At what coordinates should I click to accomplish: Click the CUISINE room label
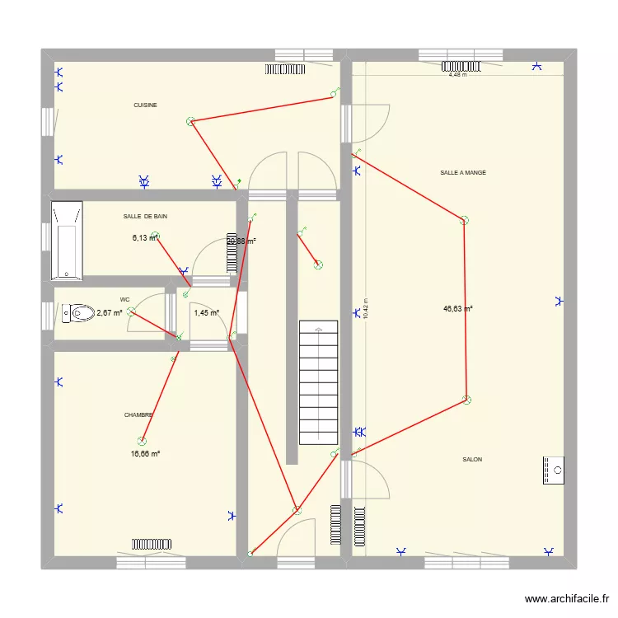pos(145,105)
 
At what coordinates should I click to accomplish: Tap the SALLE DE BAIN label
pos(145,216)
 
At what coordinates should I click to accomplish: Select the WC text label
pos(124,300)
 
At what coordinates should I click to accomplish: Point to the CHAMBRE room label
pos(139,415)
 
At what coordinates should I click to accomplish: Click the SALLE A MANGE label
pos(462,173)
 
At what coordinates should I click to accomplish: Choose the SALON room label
pos(472,460)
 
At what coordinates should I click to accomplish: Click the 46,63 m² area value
pos(457,309)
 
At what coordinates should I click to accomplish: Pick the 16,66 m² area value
pos(145,453)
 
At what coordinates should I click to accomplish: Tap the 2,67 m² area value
pos(109,313)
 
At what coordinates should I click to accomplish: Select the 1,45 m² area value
pos(206,313)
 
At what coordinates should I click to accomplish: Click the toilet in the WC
pos(78,313)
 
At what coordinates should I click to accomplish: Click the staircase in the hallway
pos(317,383)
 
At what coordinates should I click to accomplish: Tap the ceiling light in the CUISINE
pos(191,121)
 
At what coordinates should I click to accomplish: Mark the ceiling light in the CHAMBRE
pos(142,442)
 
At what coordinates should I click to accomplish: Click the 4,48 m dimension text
pos(457,74)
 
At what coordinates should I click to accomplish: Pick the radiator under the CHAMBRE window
pos(152,544)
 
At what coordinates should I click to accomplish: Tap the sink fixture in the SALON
pos(553,470)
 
